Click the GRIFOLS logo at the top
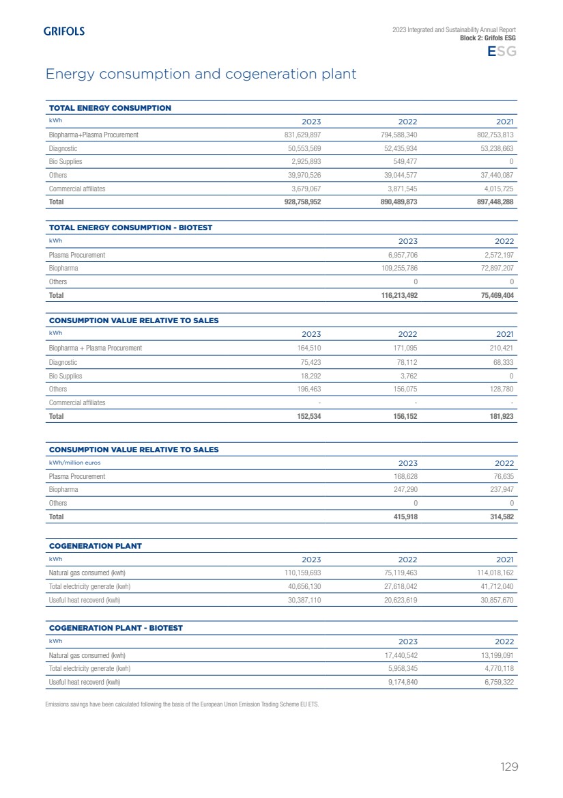click(64, 31)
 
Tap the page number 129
click(509, 767)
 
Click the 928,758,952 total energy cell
click(302, 202)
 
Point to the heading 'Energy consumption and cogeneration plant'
click(201, 74)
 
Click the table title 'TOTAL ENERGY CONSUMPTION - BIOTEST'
click(130, 228)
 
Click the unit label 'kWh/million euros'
click(74, 463)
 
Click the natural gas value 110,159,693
click(302, 573)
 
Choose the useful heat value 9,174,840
click(399, 682)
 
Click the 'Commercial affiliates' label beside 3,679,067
click(77, 189)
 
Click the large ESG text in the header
click(501, 52)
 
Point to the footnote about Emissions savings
click(182, 704)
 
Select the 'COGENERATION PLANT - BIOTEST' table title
click(116, 628)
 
